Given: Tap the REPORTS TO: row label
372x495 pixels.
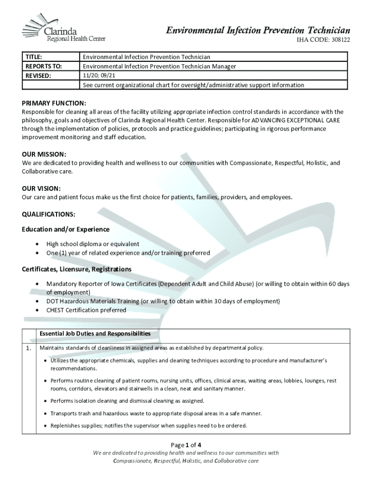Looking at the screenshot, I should coord(43,66).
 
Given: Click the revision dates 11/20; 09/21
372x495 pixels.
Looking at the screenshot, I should coord(101,75).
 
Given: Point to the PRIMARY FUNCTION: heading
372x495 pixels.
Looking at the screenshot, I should coord(54,103).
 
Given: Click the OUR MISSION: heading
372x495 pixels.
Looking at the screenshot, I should coord(44,155).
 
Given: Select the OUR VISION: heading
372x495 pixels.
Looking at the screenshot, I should coord(41,189).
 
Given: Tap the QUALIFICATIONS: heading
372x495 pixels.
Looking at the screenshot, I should coord(48,214).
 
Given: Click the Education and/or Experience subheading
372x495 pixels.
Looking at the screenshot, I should coord(66,229).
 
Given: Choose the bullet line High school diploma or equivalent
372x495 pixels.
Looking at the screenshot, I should coord(93,244).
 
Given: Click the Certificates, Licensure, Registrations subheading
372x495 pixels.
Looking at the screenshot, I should coord(77,269).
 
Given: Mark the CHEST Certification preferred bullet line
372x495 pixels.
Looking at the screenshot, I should coord(86,310).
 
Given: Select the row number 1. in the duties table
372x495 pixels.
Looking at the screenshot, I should coord(29,348).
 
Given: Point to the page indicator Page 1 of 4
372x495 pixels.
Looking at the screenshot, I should coord(186,445).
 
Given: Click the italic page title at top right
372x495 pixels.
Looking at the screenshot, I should coord(258,30).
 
